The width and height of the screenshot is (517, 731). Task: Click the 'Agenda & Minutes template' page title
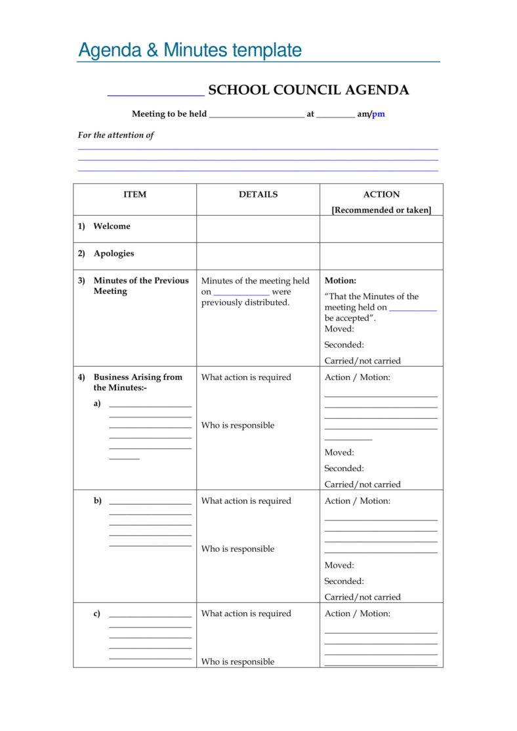click(190, 50)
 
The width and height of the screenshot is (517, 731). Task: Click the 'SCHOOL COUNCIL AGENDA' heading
click(308, 91)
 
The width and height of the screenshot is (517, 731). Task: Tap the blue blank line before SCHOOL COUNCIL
click(155, 94)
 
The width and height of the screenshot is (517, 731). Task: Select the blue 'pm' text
click(379, 114)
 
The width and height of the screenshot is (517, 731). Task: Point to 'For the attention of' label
click(115, 135)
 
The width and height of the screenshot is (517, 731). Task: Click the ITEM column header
click(134, 194)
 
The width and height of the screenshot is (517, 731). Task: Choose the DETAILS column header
click(258, 194)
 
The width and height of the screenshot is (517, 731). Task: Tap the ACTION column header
click(381, 194)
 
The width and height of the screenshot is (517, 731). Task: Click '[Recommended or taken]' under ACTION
click(381, 210)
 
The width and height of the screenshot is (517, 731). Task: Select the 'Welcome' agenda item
click(112, 226)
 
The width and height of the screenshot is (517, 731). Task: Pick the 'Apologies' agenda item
click(114, 253)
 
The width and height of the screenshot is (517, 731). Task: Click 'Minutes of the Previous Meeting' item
click(140, 285)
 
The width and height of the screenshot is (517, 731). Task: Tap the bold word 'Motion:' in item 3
click(341, 280)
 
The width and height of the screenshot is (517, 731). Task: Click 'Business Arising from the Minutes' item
click(138, 382)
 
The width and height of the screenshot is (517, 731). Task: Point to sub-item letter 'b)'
click(98, 501)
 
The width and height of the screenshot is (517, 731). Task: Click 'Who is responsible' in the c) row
click(238, 661)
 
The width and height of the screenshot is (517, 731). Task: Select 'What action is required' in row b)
click(246, 501)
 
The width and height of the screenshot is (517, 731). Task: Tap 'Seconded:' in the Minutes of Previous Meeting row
click(344, 345)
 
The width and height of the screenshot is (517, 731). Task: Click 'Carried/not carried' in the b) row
click(362, 597)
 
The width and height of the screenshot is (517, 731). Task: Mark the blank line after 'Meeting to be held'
click(257, 116)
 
